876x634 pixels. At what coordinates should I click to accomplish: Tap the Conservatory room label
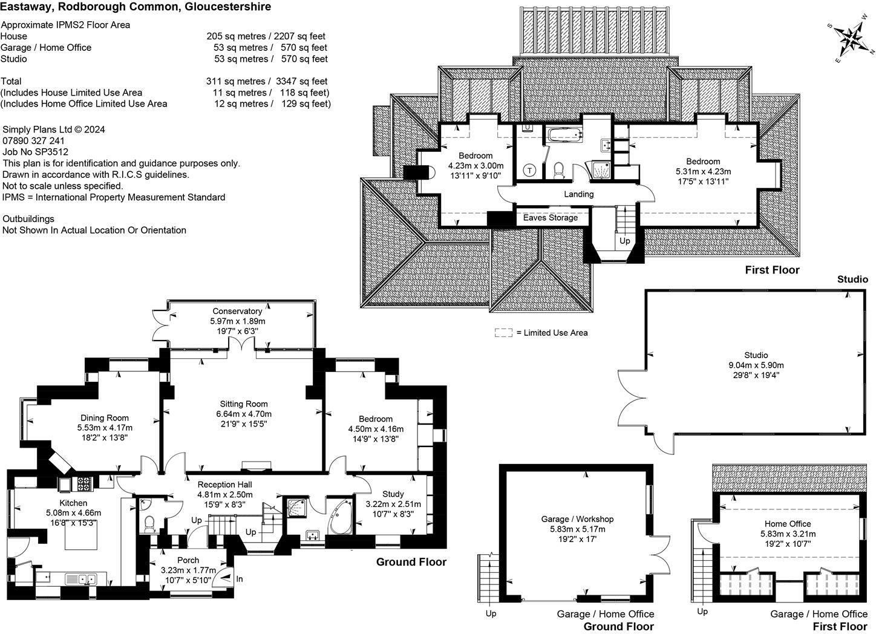237,312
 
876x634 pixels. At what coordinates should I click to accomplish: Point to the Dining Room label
105,418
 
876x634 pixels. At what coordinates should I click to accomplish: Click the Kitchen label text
73,503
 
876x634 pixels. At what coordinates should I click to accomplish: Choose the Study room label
393,494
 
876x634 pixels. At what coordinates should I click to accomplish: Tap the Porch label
188,560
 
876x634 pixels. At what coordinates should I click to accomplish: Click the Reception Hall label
224,485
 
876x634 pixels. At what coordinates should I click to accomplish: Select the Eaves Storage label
551,218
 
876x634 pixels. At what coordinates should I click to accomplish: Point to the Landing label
578,194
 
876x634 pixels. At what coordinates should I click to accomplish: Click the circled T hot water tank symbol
530,170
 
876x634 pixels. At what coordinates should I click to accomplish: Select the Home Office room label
788,524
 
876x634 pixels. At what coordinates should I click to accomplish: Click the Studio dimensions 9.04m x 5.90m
756,365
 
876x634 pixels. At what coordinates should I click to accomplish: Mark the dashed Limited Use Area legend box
503,333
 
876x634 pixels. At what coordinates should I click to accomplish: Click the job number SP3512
52,152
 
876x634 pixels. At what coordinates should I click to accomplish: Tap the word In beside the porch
240,579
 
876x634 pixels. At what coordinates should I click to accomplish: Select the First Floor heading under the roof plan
772,270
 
